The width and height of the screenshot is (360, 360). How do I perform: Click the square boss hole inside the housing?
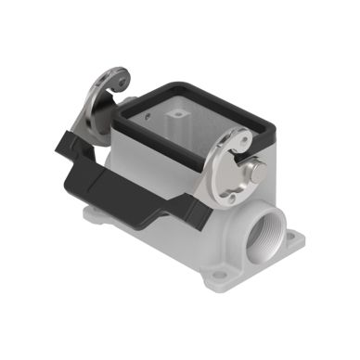point(176,112)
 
